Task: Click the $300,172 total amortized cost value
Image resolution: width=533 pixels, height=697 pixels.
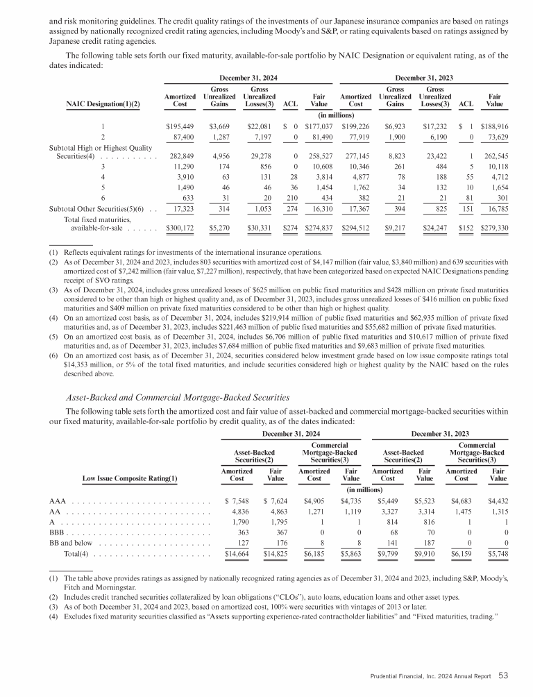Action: (x=180, y=207)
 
